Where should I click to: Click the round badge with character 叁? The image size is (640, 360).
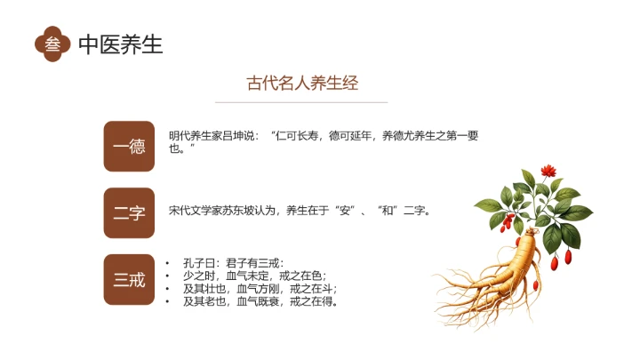click(x=53, y=44)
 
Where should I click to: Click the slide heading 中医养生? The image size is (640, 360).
click(x=121, y=44)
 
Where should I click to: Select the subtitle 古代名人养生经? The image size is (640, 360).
click(x=302, y=84)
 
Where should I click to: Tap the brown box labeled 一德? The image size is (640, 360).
click(x=129, y=146)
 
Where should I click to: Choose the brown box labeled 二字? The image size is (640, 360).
click(x=129, y=212)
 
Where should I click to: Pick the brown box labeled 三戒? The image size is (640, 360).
click(x=129, y=280)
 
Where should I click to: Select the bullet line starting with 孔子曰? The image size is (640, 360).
click(x=233, y=263)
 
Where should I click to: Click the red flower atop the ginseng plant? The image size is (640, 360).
click(x=548, y=169)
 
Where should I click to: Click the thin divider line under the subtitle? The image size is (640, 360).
click(x=302, y=102)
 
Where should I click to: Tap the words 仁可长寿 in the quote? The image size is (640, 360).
click(x=295, y=136)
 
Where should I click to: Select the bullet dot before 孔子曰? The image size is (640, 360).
click(x=169, y=264)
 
